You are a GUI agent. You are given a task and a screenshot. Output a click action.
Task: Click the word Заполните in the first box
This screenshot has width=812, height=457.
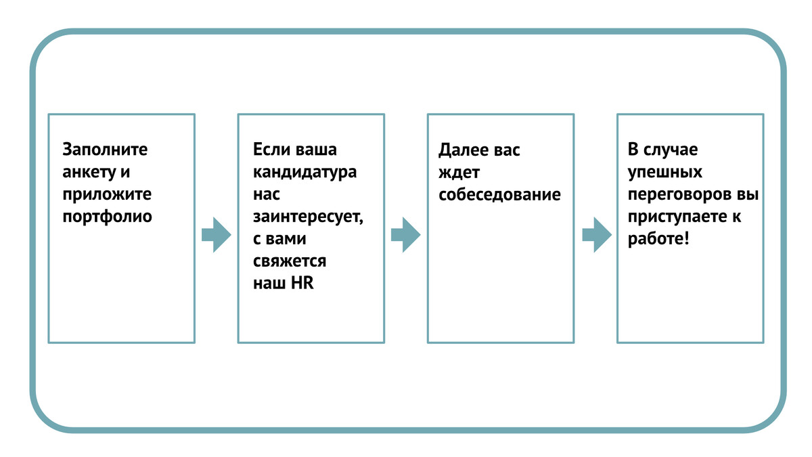click(x=105, y=149)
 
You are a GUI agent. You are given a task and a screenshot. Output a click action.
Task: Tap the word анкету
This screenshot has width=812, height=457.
click(x=89, y=172)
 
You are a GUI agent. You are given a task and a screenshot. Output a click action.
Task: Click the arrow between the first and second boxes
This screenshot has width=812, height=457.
click(x=217, y=235)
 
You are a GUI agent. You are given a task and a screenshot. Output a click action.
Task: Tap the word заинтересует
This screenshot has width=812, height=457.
click(x=308, y=217)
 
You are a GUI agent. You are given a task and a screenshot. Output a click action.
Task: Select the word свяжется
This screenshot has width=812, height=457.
click(x=290, y=261)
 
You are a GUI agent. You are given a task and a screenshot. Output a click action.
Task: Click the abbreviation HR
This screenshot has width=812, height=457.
click(x=302, y=283)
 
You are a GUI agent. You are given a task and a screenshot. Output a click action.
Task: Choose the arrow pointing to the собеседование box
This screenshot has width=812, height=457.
click(x=406, y=235)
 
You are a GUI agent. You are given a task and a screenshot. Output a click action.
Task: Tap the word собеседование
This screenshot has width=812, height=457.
click(x=499, y=195)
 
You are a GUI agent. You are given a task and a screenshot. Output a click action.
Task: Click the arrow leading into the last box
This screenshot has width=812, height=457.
click(x=597, y=235)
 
